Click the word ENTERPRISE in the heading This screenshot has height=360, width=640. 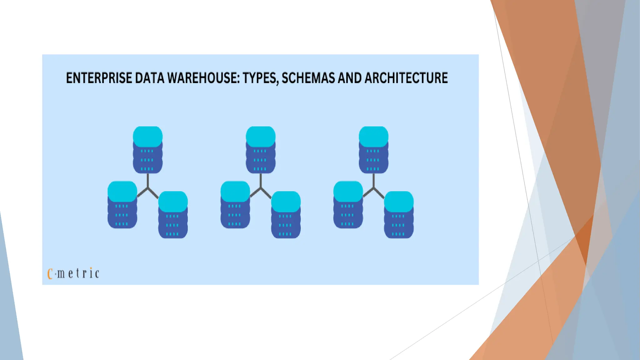[x=99, y=78]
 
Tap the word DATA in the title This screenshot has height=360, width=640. [x=149, y=78]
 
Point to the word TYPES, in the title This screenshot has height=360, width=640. [x=260, y=78]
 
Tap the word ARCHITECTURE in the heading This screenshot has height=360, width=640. [x=406, y=78]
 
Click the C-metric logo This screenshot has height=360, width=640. [x=73, y=273]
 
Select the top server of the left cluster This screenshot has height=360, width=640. [x=147, y=150]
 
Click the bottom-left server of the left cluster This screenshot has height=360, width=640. [x=122, y=205]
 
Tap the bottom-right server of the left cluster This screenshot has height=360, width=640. [x=173, y=215]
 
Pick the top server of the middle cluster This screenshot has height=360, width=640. [x=261, y=150]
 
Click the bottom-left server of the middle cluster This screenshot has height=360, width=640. [x=235, y=205]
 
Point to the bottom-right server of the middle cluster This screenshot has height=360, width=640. [x=286, y=215]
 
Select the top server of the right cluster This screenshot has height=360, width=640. [x=373, y=150]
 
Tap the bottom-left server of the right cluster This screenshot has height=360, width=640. [x=348, y=205]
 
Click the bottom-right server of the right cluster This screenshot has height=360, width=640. [x=399, y=215]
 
